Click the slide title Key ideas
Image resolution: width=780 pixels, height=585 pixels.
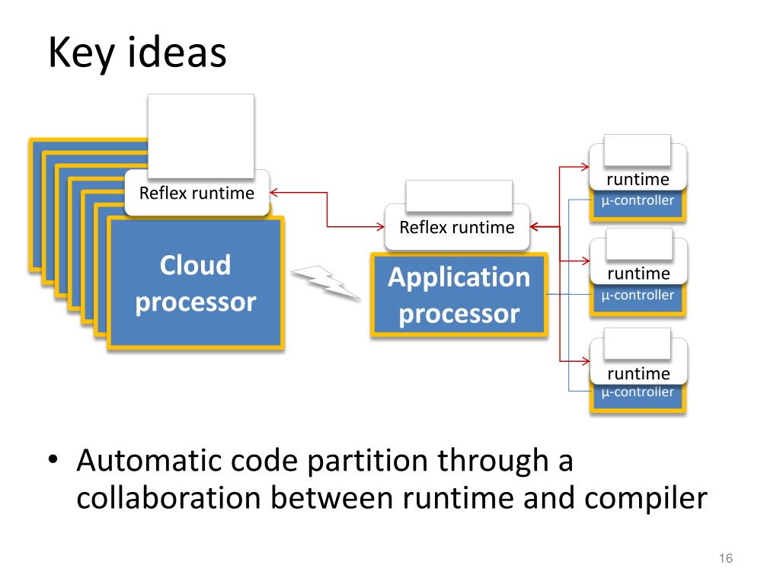137,53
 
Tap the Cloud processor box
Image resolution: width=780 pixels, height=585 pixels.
196,283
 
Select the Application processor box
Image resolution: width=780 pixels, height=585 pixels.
459,295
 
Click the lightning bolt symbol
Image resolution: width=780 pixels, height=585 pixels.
326,283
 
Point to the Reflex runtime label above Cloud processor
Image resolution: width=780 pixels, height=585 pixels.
197,193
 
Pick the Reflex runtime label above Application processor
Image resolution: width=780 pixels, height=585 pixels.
457,227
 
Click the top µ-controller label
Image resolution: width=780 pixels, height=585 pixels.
638,201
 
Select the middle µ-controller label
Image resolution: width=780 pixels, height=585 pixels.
638,296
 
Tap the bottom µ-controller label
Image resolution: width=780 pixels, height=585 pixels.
638,392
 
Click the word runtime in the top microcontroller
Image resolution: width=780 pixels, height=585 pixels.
638,179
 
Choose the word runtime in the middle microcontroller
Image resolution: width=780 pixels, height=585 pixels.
639,273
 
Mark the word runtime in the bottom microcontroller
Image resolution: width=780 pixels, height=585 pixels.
639,373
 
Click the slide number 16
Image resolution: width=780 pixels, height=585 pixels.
726,558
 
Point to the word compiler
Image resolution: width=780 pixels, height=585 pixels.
646,498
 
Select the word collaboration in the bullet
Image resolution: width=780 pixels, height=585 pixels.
168,497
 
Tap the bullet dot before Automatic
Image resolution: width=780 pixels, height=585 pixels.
53,459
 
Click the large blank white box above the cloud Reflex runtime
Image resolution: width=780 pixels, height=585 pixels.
201,136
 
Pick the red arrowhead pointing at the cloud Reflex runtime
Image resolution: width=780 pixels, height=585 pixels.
273,193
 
